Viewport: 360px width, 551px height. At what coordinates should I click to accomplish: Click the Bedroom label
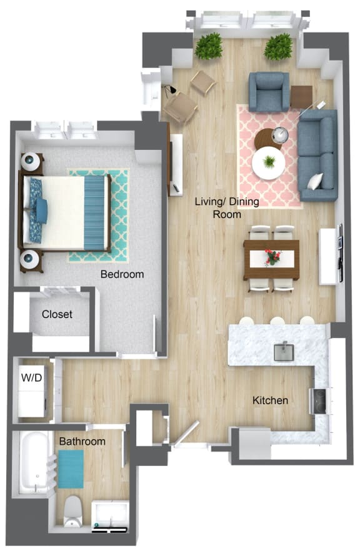tap(122, 274)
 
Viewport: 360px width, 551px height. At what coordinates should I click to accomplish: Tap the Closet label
tap(57, 314)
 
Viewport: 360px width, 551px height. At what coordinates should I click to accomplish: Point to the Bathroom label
tap(82, 442)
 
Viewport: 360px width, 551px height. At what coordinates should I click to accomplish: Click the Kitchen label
tap(270, 400)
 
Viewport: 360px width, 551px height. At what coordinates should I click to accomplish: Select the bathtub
tap(34, 462)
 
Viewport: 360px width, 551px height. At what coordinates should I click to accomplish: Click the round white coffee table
tap(269, 162)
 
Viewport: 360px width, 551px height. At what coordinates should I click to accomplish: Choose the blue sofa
tap(317, 155)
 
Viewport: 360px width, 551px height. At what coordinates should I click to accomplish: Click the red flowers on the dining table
tap(272, 257)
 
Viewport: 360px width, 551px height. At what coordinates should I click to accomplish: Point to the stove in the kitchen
tap(319, 401)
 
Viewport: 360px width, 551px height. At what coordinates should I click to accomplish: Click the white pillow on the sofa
tap(316, 181)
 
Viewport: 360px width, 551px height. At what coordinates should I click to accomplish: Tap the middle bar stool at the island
tap(276, 321)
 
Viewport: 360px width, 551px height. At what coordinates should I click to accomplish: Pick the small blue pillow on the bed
tap(42, 211)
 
